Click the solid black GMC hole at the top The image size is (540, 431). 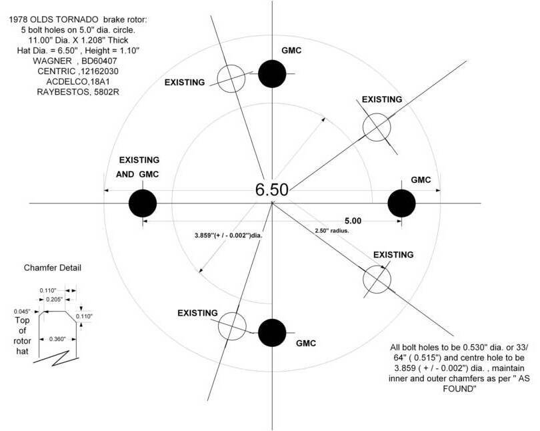[272, 74]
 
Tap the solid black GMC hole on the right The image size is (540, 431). [401, 203]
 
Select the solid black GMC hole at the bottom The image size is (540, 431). [272, 333]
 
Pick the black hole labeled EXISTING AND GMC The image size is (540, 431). [143, 203]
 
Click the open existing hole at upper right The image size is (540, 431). [377, 127]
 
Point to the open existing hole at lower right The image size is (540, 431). [377, 280]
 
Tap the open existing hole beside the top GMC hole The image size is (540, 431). [231, 79]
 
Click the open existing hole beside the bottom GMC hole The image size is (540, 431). [232, 326]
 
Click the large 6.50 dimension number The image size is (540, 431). [272, 190]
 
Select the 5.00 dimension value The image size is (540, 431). [353, 221]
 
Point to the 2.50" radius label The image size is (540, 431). [331, 231]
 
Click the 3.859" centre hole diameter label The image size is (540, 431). [231, 236]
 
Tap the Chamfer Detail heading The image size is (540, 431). [53, 268]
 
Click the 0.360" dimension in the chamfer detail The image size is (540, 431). [57, 339]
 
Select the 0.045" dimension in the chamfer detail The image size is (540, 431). [22, 312]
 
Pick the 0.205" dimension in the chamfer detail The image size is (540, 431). [55, 300]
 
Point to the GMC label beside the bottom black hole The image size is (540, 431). [306, 343]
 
